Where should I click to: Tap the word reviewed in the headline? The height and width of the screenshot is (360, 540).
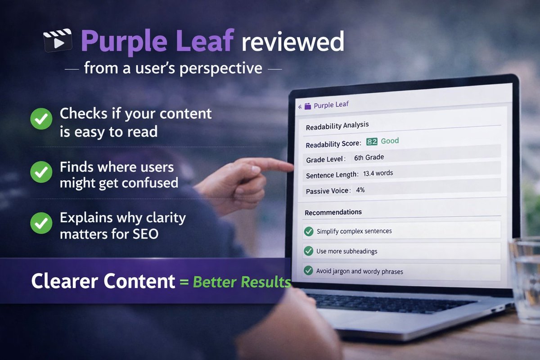(292, 41)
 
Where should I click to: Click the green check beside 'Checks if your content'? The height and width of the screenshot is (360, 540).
(41, 119)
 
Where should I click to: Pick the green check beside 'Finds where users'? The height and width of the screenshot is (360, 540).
(41, 173)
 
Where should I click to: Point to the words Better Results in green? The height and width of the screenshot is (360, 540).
(242, 282)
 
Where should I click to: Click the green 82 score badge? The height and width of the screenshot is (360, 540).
(372, 141)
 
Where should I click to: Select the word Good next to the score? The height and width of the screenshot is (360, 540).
(390, 141)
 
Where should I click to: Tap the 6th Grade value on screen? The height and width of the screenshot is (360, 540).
(369, 157)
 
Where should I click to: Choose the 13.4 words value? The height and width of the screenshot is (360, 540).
(378, 173)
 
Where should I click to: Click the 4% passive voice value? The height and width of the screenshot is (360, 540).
(360, 190)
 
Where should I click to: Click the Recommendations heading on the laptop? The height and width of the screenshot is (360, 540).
(333, 212)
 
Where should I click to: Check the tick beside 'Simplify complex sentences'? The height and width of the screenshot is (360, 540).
(309, 231)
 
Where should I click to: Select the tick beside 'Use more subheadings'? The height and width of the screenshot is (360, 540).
(308, 251)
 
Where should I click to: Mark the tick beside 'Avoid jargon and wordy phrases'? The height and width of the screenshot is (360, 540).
(308, 271)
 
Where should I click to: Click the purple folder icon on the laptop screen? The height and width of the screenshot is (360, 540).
(308, 106)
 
